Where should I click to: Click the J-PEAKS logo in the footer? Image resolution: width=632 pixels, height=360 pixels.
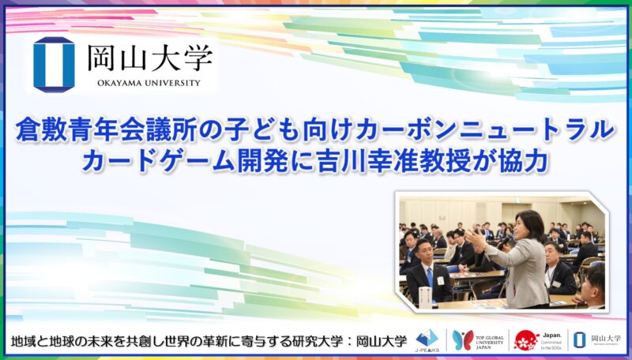427,339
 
